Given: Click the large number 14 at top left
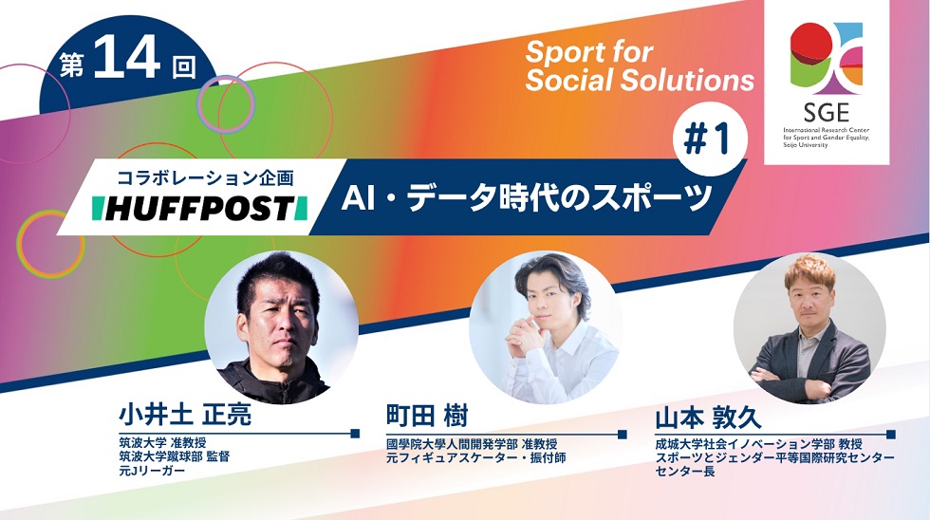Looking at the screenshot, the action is point(127,58).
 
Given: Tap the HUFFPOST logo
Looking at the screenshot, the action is point(200,208).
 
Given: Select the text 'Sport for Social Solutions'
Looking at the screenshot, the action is point(640,66).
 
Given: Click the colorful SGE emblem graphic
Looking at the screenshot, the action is point(827,59).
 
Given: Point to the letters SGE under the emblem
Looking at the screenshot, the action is point(827,112).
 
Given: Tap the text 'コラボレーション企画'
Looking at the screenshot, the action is point(206,177).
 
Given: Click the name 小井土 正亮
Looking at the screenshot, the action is point(185,415).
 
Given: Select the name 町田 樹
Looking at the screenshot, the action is point(427,416).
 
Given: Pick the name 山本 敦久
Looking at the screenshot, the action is point(709,418).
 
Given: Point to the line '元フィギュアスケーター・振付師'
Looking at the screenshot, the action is point(476,457).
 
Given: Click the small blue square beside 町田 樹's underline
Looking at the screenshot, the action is point(623,434).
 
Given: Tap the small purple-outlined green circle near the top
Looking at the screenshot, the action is point(225,104).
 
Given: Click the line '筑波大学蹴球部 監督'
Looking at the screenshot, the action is point(175,456).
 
